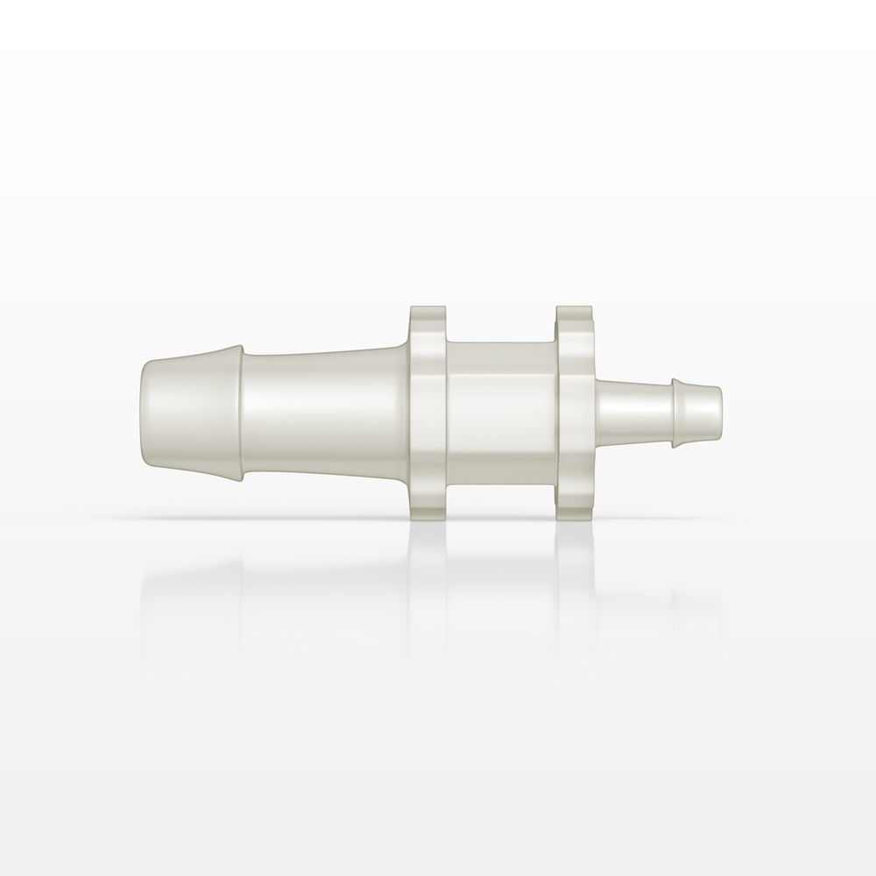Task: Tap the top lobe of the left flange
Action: click(x=427, y=319)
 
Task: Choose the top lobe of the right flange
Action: click(x=575, y=319)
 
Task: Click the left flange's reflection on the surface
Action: click(x=427, y=561)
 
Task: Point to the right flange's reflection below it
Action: click(x=575, y=561)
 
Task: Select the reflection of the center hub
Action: click(x=500, y=561)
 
